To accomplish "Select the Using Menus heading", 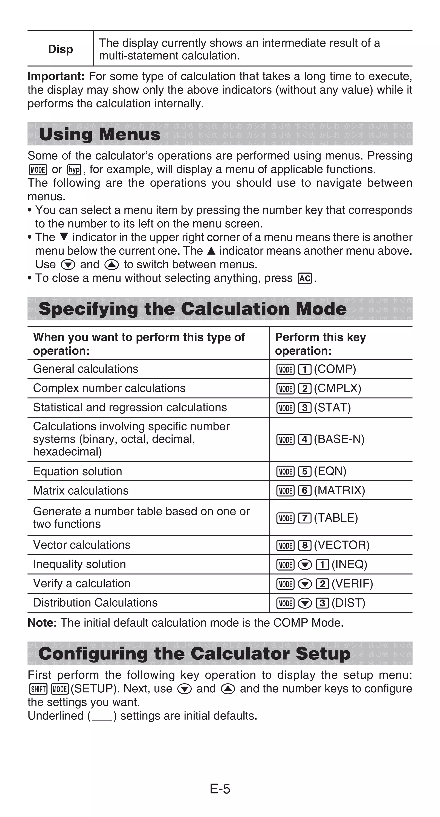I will (x=99, y=134).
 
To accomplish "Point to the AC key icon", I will (x=305, y=278).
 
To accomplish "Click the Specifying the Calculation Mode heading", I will (x=192, y=309).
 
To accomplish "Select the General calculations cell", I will (x=86, y=369).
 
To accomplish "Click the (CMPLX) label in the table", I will (x=338, y=388).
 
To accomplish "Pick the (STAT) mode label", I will (x=333, y=408).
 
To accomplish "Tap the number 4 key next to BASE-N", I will (x=305, y=440).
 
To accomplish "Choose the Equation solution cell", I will (x=78, y=471).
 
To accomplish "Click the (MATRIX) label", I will (x=339, y=490).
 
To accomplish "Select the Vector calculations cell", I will (x=82, y=545).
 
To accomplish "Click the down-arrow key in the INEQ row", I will (x=305, y=565).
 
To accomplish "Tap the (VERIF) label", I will (x=352, y=584).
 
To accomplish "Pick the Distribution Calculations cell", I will (x=95, y=603).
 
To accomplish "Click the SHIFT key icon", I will (x=38, y=689).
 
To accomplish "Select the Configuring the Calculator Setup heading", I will (x=194, y=654).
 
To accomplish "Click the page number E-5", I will (x=220, y=789).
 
